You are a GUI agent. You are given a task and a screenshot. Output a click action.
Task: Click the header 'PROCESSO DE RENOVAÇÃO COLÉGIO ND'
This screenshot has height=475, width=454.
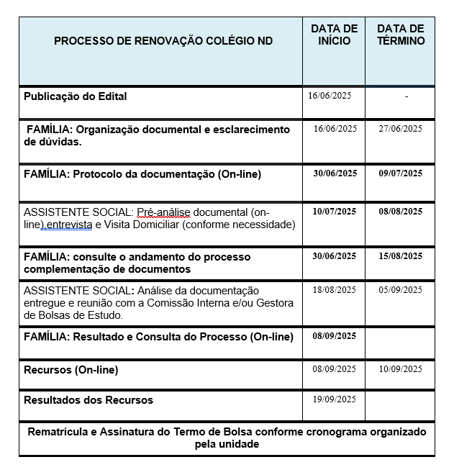point(163,41)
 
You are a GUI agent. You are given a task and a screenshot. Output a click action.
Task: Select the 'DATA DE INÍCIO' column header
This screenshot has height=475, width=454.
point(334,35)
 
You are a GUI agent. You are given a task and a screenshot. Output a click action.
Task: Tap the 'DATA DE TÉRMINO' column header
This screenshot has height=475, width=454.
point(401,35)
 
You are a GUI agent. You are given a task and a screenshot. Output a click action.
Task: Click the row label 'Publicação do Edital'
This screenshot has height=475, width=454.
point(76,96)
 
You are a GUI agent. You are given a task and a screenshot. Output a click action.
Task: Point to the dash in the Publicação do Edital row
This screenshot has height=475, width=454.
point(407,96)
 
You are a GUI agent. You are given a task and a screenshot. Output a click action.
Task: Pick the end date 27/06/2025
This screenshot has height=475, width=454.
point(401,129)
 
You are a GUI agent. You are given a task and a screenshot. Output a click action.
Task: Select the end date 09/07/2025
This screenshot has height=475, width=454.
point(401,173)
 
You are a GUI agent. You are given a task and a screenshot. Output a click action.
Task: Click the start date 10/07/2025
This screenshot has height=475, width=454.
point(335,212)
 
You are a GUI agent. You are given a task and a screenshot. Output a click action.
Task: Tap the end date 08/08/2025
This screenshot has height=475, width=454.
point(401,212)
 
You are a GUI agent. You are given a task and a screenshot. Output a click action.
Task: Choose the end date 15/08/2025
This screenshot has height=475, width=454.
point(401,256)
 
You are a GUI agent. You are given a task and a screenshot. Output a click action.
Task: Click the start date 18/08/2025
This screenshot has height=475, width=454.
point(335,290)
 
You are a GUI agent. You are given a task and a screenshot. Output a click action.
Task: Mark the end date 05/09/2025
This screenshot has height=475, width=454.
point(401,290)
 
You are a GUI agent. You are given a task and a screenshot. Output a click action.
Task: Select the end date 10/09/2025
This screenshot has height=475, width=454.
point(401,369)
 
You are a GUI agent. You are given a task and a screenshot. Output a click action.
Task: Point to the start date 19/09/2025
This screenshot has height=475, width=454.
point(335,399)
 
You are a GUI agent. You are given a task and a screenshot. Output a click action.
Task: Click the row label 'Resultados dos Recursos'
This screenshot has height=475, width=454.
point(88,400)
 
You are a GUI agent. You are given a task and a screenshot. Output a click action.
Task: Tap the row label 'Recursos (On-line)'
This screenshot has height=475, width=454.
point(71,370)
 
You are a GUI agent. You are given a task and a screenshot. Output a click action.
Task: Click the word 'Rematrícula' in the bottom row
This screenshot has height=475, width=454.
point(58,432)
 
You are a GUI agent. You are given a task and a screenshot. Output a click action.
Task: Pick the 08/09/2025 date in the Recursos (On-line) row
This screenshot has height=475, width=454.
point(335,369)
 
